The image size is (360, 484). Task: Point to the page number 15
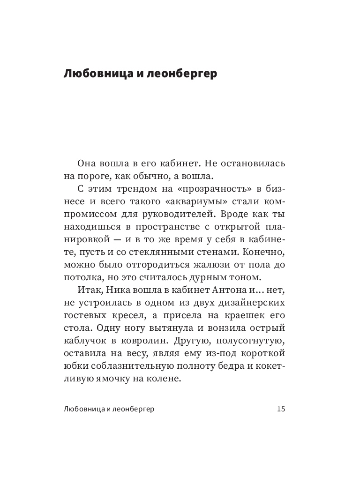coord(281,409)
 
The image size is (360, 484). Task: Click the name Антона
coord(213,290)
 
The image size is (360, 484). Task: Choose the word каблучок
coord(83,341)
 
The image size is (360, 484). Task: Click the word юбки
coord(74,366)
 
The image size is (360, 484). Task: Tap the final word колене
coord(165,379)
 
